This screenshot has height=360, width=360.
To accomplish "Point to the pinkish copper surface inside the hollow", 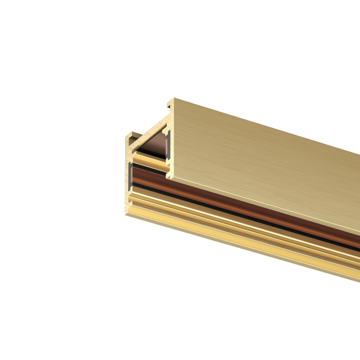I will pyautogui.click(x=155, y=146).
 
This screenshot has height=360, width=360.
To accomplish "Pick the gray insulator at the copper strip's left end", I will pyautogui.click(x=131, y=176).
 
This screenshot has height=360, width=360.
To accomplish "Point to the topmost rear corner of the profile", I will pyautogui.click(x=174, y=98).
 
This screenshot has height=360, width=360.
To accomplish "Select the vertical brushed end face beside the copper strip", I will pyautogui.click(x=126, y=180).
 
